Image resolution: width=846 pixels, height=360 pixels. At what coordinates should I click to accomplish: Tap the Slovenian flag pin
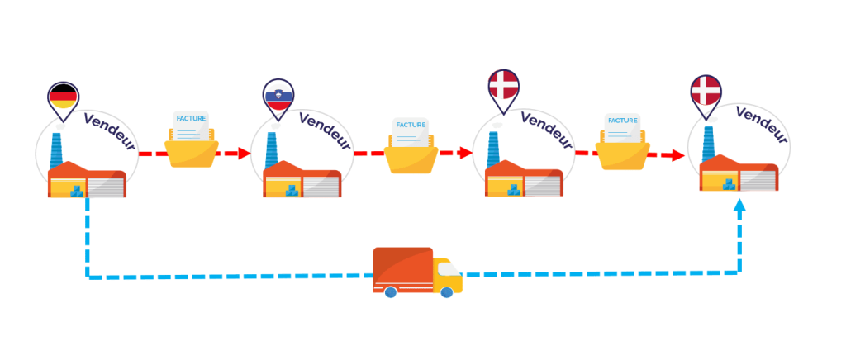click(x=278, y=96)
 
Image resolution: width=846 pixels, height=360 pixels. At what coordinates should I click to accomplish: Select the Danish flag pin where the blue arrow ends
click(x=706, y=91)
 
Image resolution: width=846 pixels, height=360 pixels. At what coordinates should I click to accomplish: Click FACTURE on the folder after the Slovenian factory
click(x=411, y=125)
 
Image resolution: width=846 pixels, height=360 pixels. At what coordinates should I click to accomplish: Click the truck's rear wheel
click(x=389, y=291)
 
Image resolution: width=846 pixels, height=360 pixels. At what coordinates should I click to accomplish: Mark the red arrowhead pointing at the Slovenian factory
click(x=245, y=153)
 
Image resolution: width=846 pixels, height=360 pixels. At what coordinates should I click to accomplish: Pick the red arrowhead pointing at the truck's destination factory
click(x=678, y=154)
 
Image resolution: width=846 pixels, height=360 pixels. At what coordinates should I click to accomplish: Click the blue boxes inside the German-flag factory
click(x=77, y=191)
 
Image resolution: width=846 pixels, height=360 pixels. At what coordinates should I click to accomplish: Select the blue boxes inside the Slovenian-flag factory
click(x=292, y=191)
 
